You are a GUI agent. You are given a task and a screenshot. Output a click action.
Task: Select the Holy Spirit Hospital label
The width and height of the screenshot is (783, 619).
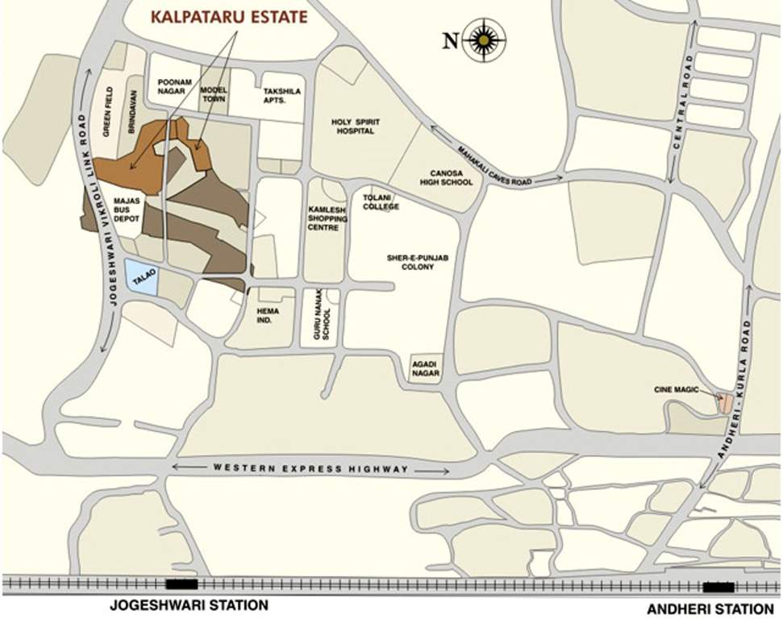pyautogui.click(x=355, y=127)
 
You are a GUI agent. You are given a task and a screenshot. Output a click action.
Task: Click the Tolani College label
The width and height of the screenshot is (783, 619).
pyautogui.click(x=381, y=201)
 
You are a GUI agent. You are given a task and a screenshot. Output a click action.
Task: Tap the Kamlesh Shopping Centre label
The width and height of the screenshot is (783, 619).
pyautogui.click(x=327, y=218)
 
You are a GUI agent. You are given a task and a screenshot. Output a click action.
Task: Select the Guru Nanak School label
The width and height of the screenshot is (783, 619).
pyautogui.click(x=321, y=318)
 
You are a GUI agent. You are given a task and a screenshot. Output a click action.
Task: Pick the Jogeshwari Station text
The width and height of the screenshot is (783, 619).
pyautogui.click(x=188, y=604)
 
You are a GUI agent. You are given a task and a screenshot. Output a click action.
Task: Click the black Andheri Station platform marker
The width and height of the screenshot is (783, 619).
pyautogui.click(x=718, y=586)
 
